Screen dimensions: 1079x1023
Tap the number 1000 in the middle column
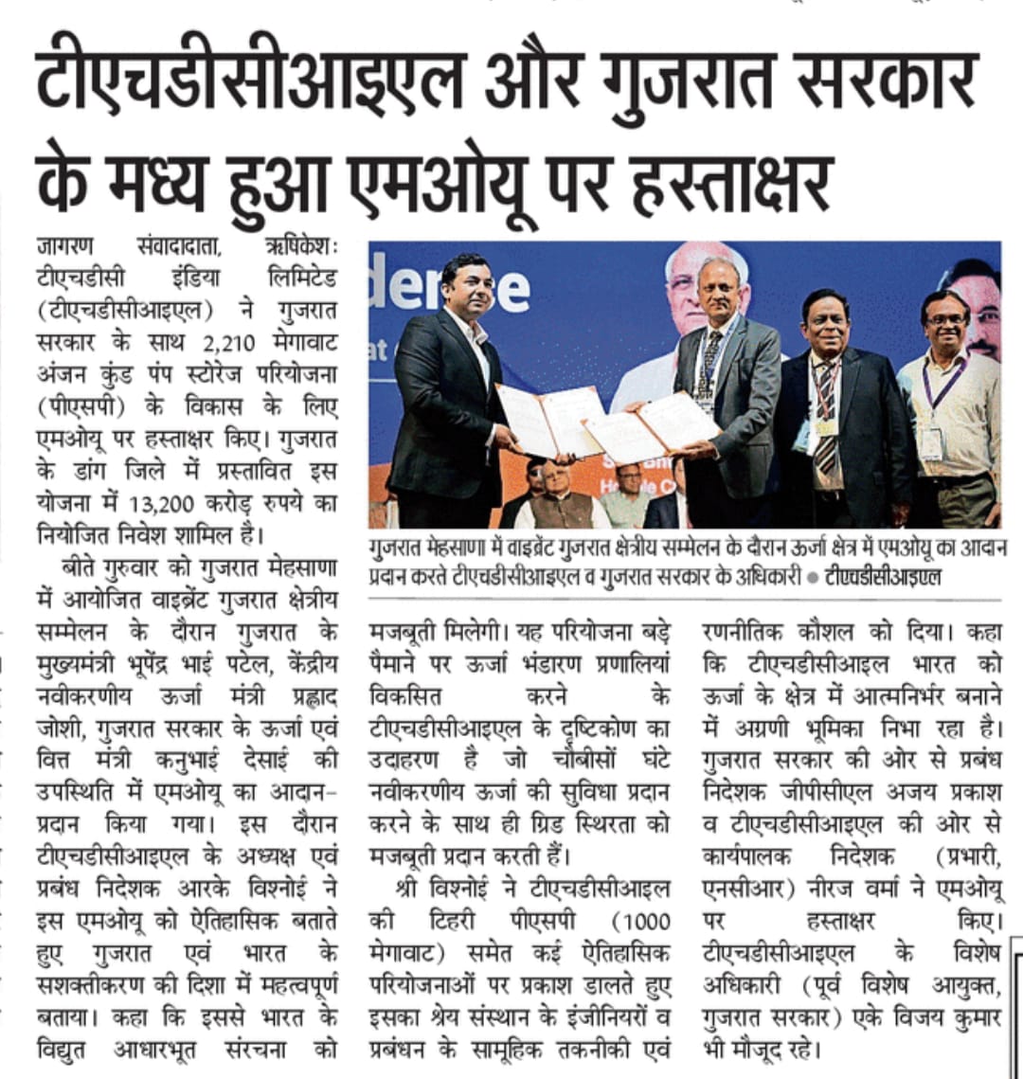(641, 921)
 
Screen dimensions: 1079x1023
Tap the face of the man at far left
(464, 287)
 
